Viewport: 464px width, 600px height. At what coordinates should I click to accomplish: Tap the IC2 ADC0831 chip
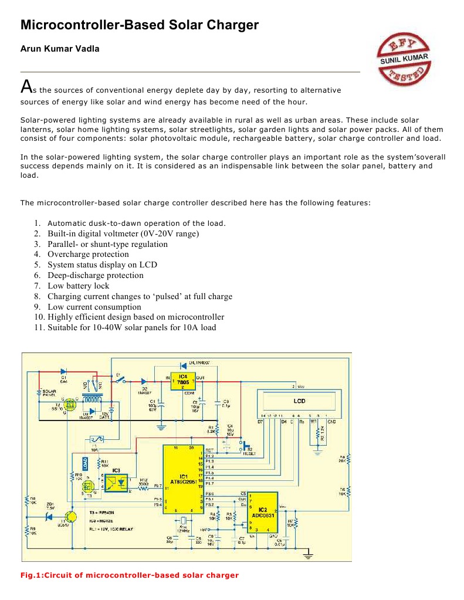(x=263, y=511)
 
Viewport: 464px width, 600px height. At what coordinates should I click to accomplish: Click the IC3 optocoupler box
(x=116, y=479)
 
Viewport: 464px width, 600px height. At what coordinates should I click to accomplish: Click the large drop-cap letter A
(x=26, y=87)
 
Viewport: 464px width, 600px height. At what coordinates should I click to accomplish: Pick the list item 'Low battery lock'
(x=78, y=286)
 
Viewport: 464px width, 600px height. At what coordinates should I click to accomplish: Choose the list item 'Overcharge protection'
(x=88, y=254)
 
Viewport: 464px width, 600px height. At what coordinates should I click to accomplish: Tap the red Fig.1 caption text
(x=129, y=575)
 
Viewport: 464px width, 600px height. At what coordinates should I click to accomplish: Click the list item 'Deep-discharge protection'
(x=95, y=275)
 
